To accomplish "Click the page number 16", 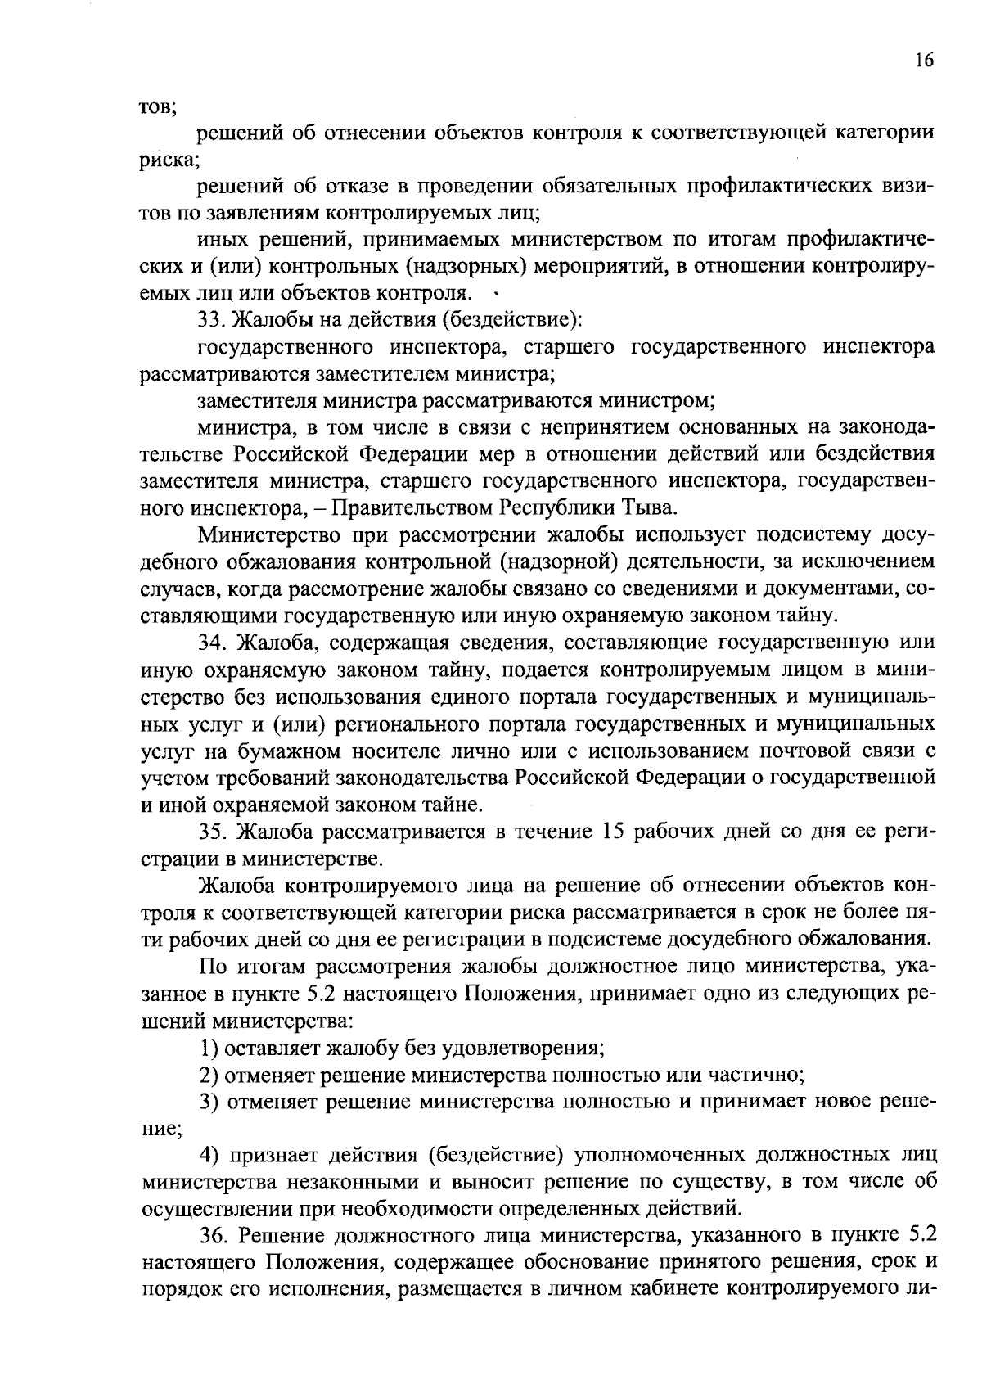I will pos(925,61).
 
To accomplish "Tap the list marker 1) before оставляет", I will pos(209,1048).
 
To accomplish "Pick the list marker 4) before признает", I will pos(210,1156).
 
